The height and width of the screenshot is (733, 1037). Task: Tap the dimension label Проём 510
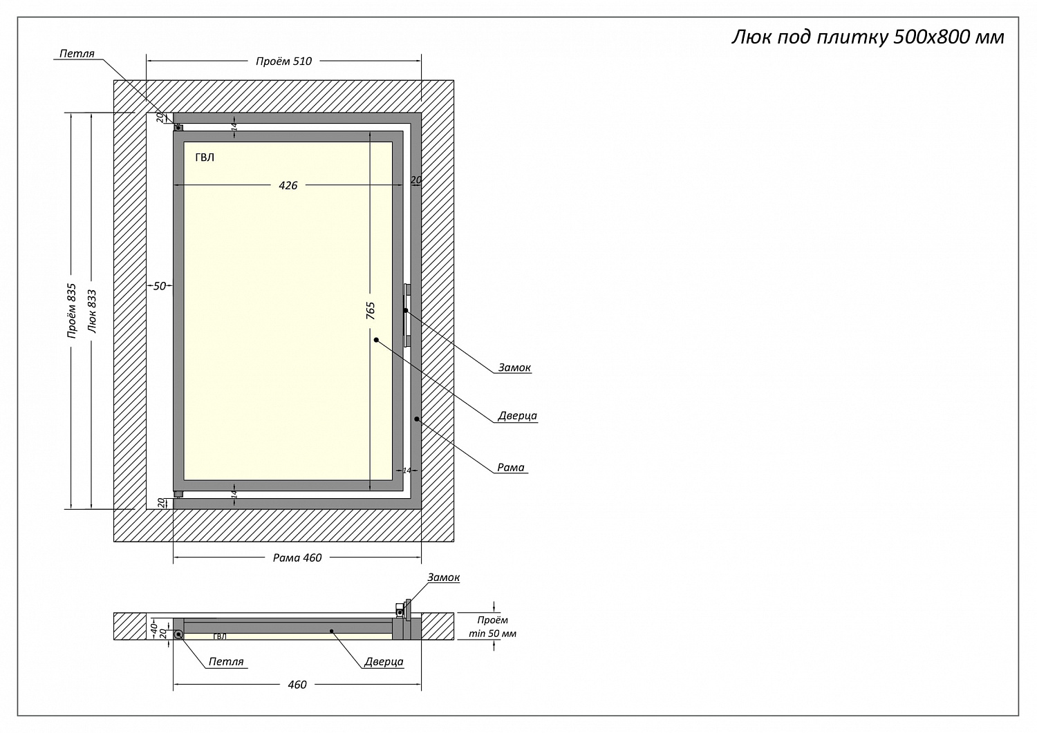(x=283, y=61)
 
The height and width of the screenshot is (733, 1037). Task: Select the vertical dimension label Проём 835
(x=71, y=311)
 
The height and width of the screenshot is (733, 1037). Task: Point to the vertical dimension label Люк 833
(x=92, y=311)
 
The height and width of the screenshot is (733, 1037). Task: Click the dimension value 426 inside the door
(x=288, y=185)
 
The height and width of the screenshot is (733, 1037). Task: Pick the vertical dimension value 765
(x=371, y=310)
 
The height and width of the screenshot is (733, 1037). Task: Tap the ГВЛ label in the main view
(x=205, y=158)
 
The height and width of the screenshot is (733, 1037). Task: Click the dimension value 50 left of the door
(x=160, y=285)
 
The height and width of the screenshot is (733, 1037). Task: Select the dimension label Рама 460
(x=297, y=558)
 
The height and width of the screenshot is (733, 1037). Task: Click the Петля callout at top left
(x=77, y=53)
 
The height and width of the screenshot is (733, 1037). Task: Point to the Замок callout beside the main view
(x=514, y=368)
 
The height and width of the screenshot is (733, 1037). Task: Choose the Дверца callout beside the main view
(x=517, y=416)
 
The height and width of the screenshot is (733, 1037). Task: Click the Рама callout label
(x=511, y=468)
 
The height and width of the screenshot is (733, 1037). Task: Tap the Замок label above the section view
(x=443, y=578)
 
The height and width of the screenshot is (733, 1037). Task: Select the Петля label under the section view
(x=226, y=661)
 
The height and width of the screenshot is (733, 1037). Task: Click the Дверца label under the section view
(x=384, y=661)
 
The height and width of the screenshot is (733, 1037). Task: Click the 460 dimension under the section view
(x=297, y=684)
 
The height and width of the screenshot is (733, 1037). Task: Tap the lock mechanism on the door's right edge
(x=407, y=315)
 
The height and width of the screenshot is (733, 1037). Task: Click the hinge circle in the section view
(x=178, y=634)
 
